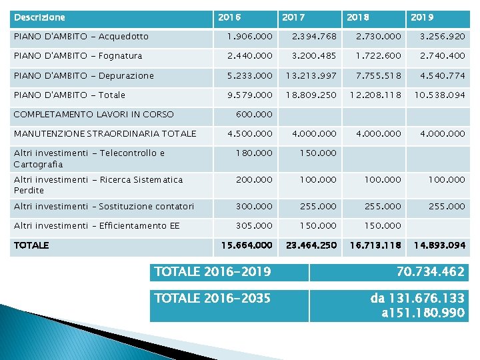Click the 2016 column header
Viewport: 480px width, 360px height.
[229, 16]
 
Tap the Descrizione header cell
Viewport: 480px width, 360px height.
[40, 16]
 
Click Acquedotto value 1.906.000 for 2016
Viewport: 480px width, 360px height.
[249, 37]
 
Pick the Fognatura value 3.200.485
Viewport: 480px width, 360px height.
[311, 57]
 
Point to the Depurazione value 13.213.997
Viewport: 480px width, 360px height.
[311, 76]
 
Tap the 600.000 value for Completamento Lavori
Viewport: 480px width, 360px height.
[254, 115]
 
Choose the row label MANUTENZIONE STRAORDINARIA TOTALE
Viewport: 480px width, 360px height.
[105, 134]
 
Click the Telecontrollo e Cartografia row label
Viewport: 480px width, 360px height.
[89, 158]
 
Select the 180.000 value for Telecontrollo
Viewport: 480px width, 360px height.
[254, 153]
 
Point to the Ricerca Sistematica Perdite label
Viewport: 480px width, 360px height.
[98, 185]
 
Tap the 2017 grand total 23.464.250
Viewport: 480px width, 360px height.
[311, 245]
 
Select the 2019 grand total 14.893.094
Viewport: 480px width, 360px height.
[439, 245]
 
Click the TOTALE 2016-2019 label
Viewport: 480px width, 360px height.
[213, 271]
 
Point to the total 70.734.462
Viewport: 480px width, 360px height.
[421, 272]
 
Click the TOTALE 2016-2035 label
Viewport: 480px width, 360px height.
[213, 298]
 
